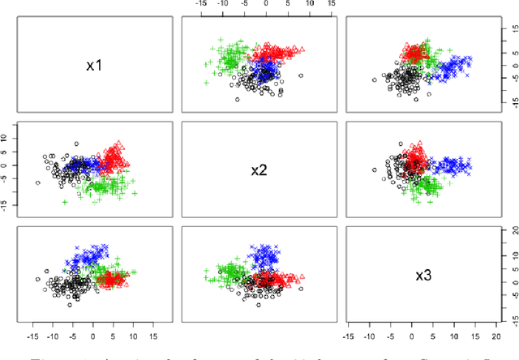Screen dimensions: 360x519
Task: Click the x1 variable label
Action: (94, 64)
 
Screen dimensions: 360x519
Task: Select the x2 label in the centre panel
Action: (259, 170)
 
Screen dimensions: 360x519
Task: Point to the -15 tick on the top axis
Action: (201, 4)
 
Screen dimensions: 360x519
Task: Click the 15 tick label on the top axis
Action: (330, 4)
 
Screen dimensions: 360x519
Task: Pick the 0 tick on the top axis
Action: (266, 4)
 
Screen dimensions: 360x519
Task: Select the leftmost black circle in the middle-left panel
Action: (38, 183)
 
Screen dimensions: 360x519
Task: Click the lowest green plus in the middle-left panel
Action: (65, 202)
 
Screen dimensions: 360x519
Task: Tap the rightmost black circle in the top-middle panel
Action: (300, 75)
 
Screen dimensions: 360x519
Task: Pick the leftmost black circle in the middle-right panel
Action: (374, 170)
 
